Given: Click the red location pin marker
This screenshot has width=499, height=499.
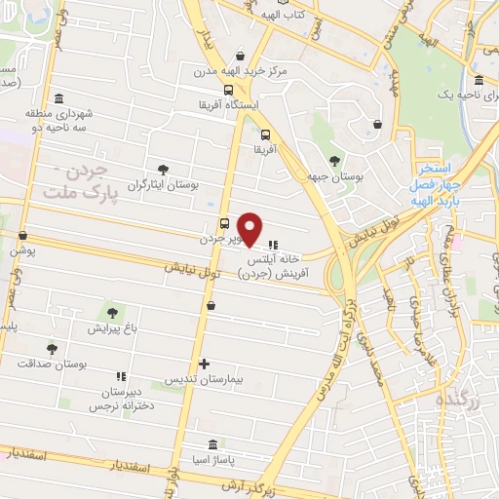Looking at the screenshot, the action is point(250,229).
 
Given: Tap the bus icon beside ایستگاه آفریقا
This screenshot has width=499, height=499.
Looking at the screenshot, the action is point(228,91).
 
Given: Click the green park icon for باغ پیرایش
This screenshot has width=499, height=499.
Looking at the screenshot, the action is point(114,314).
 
